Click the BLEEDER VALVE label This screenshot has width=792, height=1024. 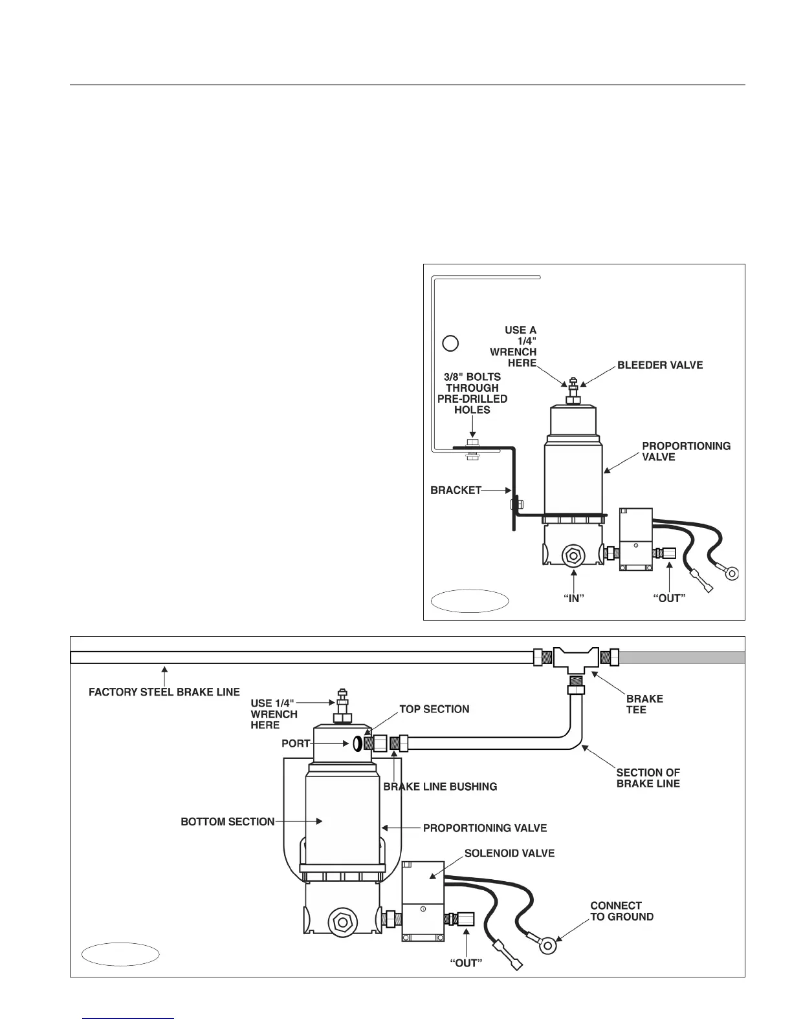(659, 365)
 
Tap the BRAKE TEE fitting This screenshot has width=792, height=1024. (575, 659)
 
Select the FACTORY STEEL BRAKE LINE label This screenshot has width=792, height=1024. (164, 692)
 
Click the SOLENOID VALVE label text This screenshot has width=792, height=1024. (509, 853)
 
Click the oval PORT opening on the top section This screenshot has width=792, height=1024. (357, 745)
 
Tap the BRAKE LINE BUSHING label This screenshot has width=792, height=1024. (440, 787)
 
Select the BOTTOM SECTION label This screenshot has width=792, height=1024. (228, 822)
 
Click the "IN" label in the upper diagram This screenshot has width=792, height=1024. (573, 598)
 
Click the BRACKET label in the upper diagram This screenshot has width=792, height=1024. (456, 490)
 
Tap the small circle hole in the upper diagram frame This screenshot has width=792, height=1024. (450, 343)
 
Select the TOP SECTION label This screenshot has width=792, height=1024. (434, 709)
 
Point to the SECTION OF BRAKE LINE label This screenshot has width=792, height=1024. (648, 778)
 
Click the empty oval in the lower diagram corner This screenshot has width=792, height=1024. (121, 954)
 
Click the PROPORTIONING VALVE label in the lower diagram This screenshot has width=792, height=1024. (485, 828)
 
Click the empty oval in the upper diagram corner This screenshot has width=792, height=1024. (470, 601)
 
